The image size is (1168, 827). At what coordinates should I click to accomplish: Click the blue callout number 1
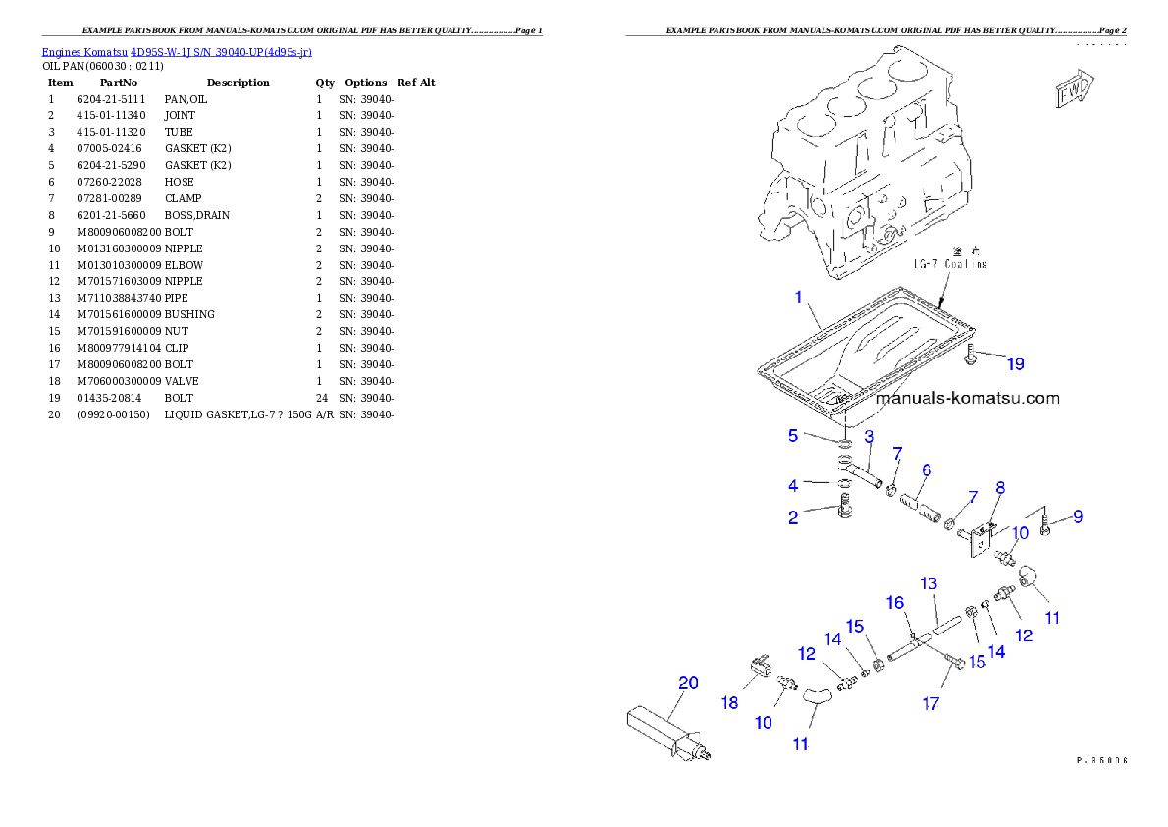tap(799, 297)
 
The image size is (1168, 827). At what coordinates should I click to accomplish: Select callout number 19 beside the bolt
tap(1015, 364)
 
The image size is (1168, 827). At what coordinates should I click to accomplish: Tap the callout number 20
tap(688, 682)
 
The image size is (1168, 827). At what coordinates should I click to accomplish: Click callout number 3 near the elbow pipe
tap(869, 436)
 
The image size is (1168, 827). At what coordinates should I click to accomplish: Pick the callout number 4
tap(793, 485)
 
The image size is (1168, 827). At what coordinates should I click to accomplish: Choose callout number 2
tap(793, 517)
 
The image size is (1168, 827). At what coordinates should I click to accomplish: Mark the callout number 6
tap(926, 470)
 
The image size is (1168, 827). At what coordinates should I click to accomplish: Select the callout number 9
tap(1077, 516)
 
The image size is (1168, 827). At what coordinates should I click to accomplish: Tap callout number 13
tap(929, 583)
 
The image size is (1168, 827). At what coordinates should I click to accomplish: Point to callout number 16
tap(895, 603)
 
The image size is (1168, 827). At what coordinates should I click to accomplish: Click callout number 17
tap(930, 703)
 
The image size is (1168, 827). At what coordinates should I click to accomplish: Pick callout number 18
tap(729, 702)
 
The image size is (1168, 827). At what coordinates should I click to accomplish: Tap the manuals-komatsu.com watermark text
tap(967, 399)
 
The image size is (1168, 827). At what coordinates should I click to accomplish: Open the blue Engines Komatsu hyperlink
tap(177, 51)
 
